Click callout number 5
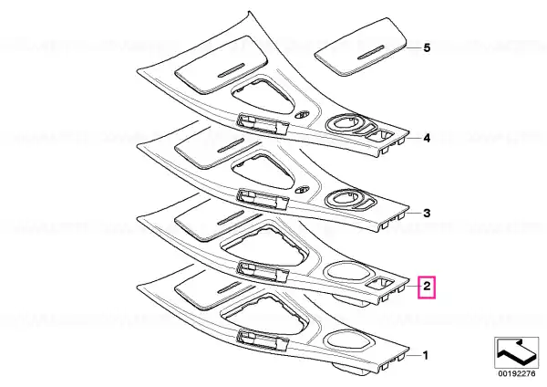coord(427,47)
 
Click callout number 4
coord(427,139)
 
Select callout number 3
coord(427,213)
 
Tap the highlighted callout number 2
coord(427,287)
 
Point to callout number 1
coord(426,356)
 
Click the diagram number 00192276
coord(517,373)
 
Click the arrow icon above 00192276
coord(517,352)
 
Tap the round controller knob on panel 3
coord(346,200)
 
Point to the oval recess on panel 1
coord(346,340)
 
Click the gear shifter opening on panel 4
coord(263,96)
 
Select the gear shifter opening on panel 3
coord(263,172)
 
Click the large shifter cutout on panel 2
coord(264,246)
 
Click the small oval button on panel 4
coord(302,115)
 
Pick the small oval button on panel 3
coord(302,190)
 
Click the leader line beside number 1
coord(413,356)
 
